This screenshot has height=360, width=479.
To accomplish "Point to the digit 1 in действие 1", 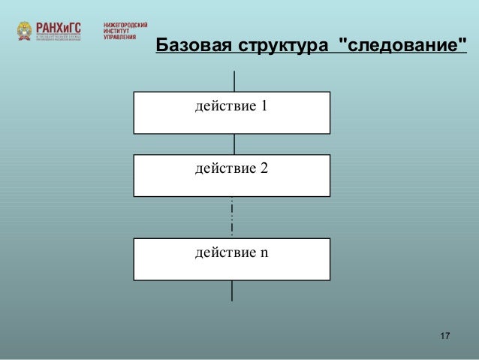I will point(264,105).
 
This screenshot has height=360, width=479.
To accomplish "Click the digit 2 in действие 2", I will point(264,168).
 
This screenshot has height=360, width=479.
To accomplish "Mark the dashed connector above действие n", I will point(233,217).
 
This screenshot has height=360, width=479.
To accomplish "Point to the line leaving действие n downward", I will point(232,290).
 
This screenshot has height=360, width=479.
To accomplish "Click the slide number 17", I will point(444,334).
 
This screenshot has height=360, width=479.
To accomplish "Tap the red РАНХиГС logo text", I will point(59,27).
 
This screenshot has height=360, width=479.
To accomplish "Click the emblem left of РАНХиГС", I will point(25,32).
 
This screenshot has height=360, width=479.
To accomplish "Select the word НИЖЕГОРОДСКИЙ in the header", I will point(125,25).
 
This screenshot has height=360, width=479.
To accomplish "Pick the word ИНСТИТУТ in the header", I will point(117,31).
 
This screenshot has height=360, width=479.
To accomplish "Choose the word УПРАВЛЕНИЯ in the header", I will point(119,37).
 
